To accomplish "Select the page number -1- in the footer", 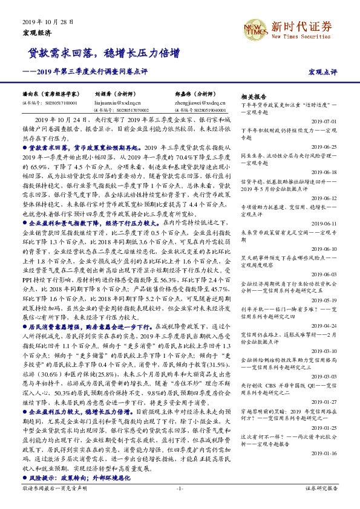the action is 179,487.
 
